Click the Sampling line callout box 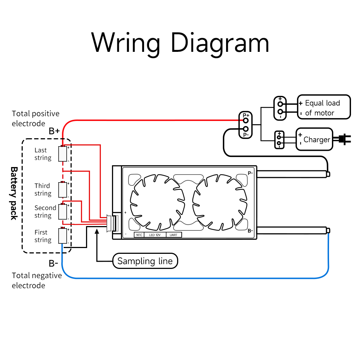tap(145, 261)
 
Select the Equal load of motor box tap(323, 107)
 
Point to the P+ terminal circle tap(246, 120)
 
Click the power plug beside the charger tap(344, 139)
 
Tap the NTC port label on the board tap(139, 235)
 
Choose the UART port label tap(174, 235)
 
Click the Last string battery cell tap(63, 154)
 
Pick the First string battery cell tap(63, 236)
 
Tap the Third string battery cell tap(63, 190)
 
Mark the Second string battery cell tap(63, 212)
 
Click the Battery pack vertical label tap(14, 193)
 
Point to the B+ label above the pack tap(54, 131)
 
